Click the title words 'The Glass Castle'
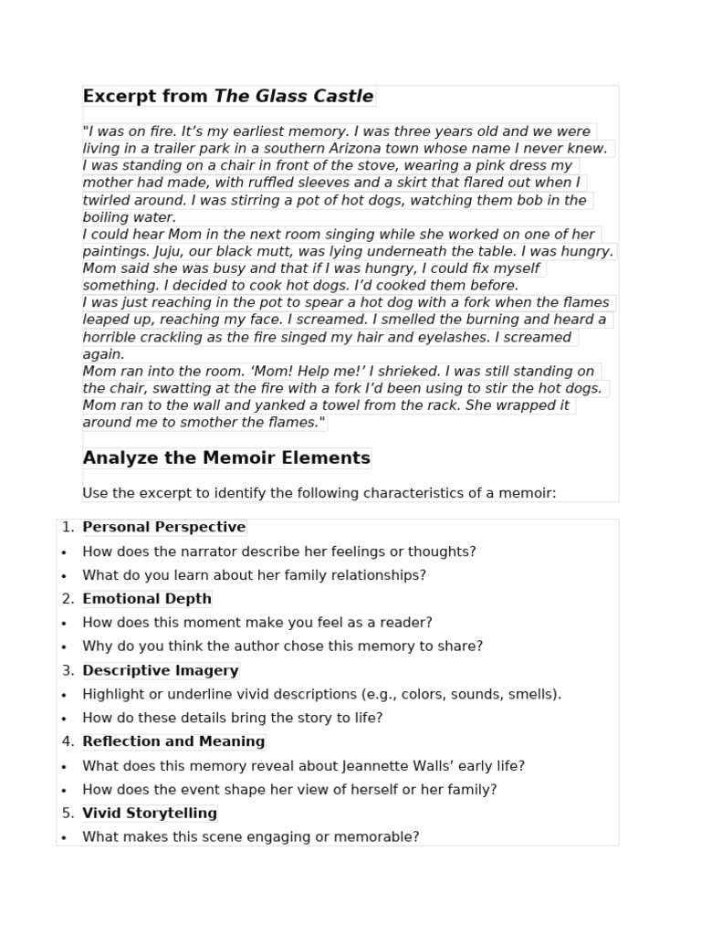click(293, 97)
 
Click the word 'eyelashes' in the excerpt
click(463, 338)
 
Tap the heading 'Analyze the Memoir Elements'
click(226, 458)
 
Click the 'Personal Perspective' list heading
click(163, 528)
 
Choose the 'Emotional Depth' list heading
click(146, 599)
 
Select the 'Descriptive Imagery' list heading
click(160, 671)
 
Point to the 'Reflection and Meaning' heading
click(173, 742)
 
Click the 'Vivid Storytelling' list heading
click(150, 814)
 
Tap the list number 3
click(68, 671)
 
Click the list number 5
click(68, 814)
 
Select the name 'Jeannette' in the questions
click(371, 767)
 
